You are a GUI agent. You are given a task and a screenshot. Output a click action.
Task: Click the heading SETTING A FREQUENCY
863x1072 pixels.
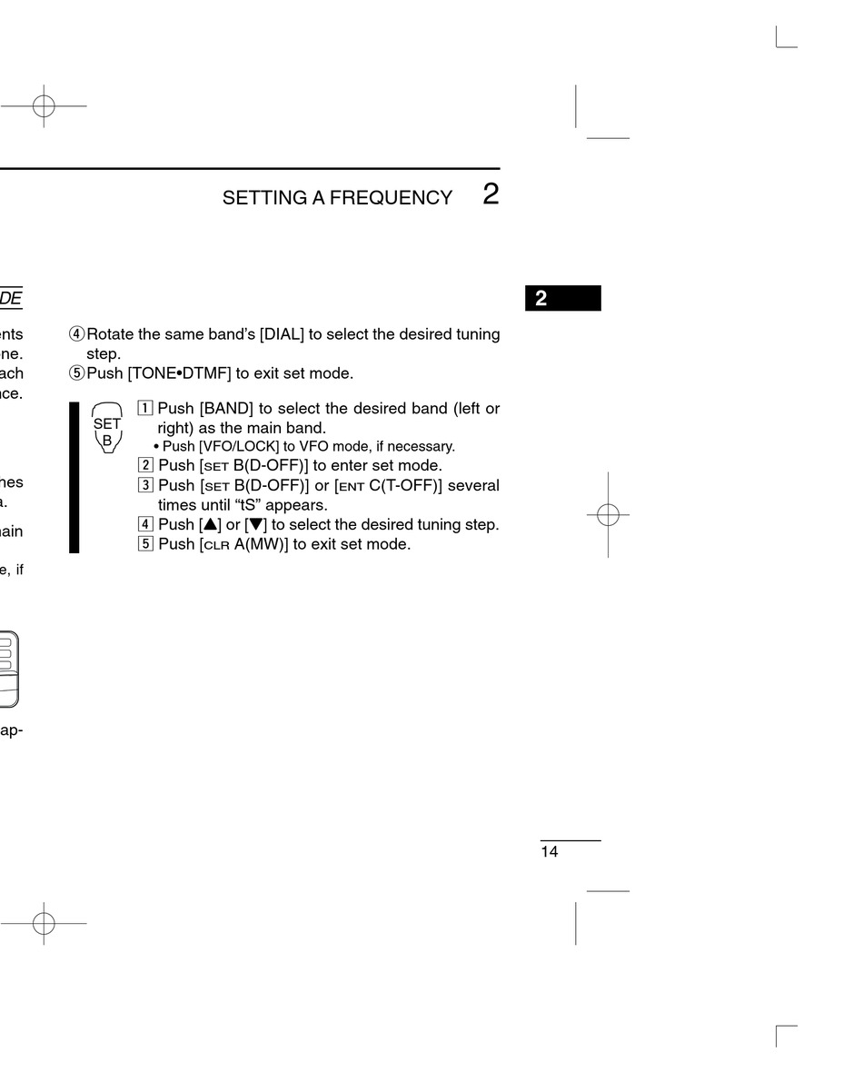click(x=337, y=198)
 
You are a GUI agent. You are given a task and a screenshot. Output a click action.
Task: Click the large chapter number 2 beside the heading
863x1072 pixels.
click(x=491, y=194)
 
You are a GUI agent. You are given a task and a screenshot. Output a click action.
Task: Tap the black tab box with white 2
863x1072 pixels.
click(x=562, y=299)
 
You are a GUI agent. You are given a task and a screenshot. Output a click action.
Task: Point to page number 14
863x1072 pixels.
click(x=550, y=852)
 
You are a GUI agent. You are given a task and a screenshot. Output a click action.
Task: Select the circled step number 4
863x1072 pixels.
click(x=76, y=334)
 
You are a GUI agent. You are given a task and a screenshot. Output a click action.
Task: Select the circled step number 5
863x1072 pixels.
click(x=76, y=373)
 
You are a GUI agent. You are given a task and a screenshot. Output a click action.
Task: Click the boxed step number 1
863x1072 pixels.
click(x=144, y=409)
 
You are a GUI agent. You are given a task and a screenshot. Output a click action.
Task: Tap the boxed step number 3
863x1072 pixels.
click(x=144, y=485)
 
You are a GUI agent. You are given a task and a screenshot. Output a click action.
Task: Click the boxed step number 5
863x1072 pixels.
click(x=144, y=544)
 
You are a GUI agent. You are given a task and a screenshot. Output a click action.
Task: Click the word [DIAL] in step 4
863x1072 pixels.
click(x=282, y=334)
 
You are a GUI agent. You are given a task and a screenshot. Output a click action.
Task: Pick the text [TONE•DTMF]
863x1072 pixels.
click(x=180, y=373)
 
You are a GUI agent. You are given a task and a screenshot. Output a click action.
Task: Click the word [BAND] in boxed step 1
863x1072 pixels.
click(x=226, y=409)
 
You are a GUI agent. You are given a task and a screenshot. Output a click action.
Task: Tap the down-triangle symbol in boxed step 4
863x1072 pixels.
click(x=255, y=525)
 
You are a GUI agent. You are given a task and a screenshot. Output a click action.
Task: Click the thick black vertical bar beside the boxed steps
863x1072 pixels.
click(x=74, y=478)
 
